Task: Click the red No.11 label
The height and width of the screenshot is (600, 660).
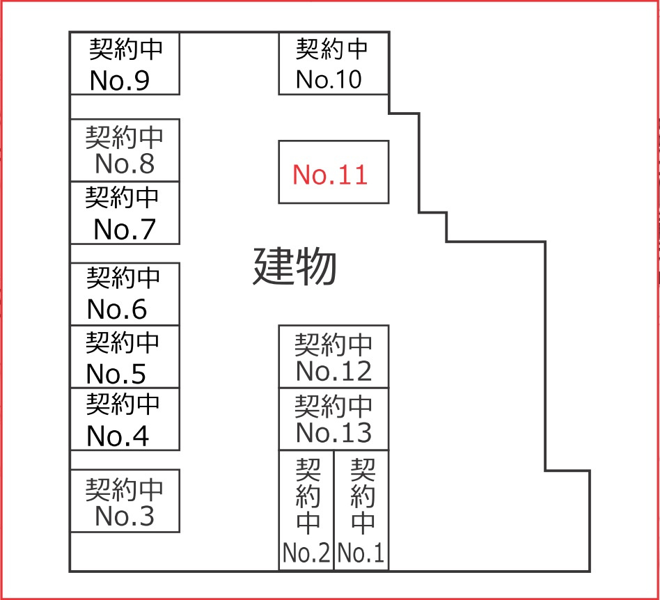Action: pos(329,174)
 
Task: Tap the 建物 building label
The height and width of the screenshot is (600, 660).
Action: pos(294,267)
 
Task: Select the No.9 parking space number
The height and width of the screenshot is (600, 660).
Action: pos(120,81)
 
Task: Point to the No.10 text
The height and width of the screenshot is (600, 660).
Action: pos(329,79)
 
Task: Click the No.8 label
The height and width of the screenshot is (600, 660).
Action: pos(125,164)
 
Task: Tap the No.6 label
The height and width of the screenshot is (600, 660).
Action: pos(118,310)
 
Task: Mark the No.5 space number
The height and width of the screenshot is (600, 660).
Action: pos(116,374)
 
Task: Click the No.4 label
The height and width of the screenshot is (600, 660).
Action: pos(118,436)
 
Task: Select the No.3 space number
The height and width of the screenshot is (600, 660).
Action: pos(125,516)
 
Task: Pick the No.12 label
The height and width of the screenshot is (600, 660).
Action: pos(333,372)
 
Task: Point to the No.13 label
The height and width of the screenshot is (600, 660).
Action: pos(333,433)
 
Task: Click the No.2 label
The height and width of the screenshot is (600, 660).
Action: pos(306,554)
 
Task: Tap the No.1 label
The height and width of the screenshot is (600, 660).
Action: pos(361,554)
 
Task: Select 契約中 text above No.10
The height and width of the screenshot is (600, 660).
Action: pos(332,49)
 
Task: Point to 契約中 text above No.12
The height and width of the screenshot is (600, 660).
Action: pos(333,344)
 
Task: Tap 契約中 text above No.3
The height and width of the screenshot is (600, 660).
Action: pos(125,489)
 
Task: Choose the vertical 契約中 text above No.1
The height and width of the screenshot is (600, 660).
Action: pos(363,495)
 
